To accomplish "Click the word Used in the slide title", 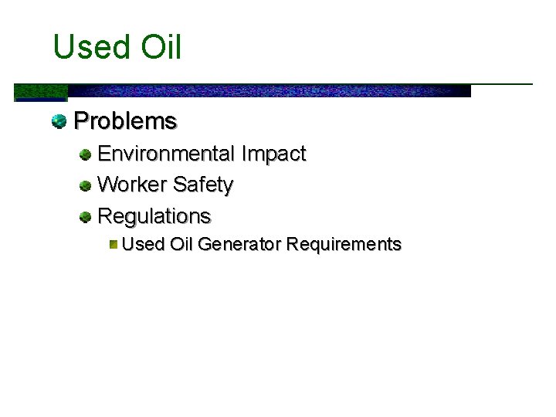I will [x=85, y=48].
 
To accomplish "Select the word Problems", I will [x=125, y=121].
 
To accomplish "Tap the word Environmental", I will [x=166, y=154].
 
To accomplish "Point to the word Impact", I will [x=273, y=154].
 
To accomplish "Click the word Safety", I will [x=203, y=185].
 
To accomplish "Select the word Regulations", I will [x=154, y=215].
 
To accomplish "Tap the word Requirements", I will [x=344, y=245].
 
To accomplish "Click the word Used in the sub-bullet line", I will [x=144, y=245].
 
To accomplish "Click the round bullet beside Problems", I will [x=59, y=121].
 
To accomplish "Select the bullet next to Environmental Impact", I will [x=86, y=154].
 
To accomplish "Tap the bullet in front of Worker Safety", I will [x=86, y=186].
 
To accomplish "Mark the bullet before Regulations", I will [x=86, y=216].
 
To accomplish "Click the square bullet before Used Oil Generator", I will [x=113, y=245].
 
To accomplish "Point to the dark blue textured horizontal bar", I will [x=270, y=90].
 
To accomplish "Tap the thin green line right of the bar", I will [x=502, y=83].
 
